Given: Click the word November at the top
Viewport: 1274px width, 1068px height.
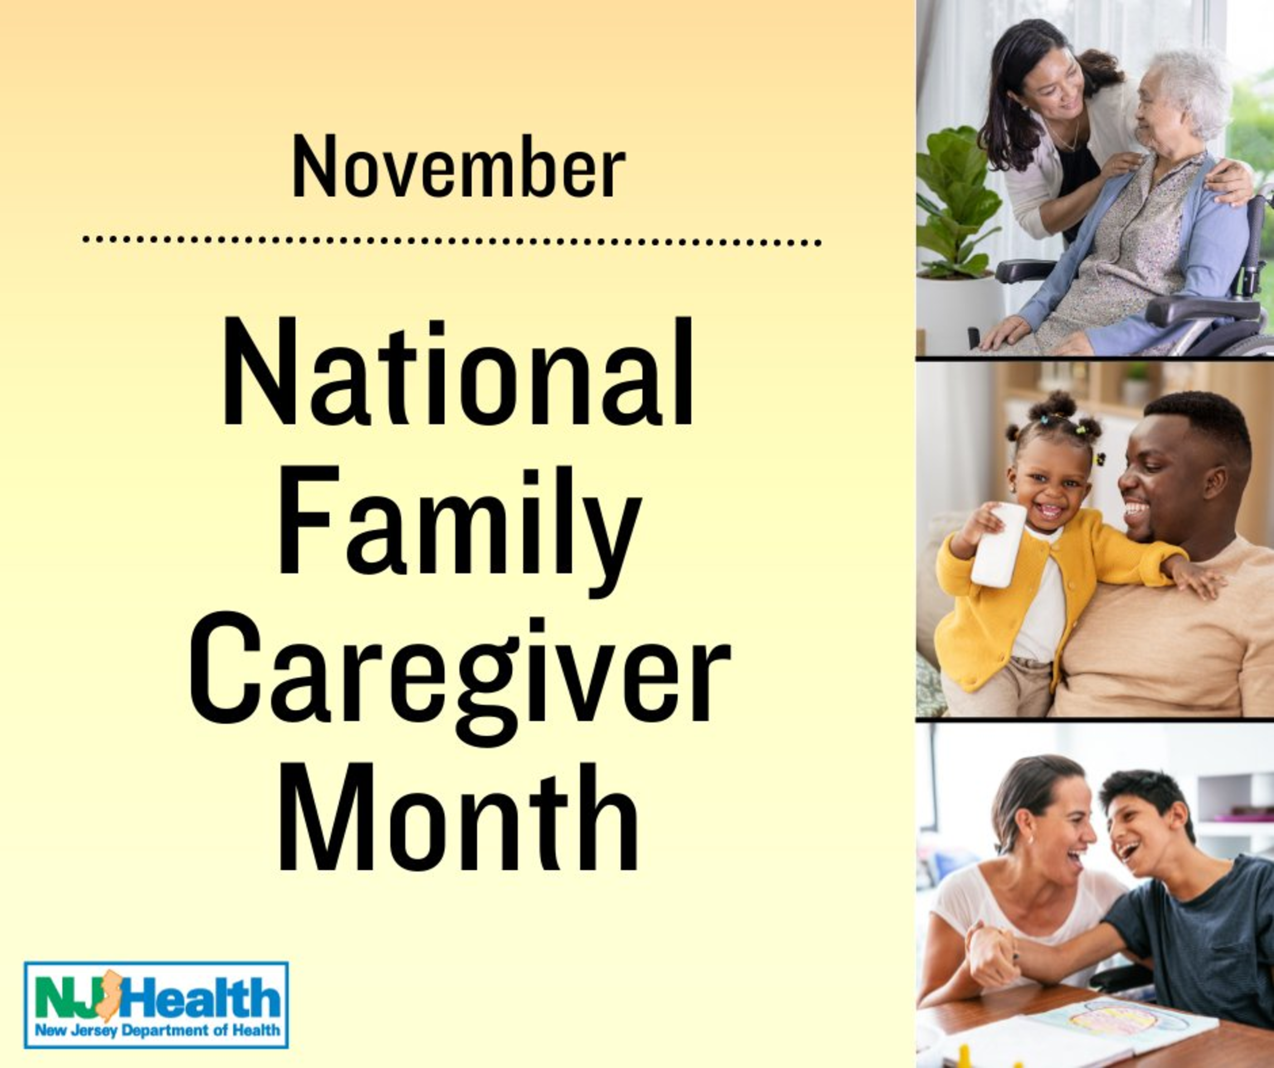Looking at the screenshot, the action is (x=459, y=166).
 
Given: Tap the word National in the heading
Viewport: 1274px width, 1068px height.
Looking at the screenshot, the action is (x=458, y=371).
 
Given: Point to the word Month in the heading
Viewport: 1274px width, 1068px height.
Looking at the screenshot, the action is (x=458, y=817).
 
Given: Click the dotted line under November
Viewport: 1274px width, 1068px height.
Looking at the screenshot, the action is (x=452, y=241).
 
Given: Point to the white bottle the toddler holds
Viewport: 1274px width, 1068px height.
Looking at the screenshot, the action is (x=999, y=545).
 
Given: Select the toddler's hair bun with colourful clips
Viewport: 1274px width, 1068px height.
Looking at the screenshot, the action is (x=1060, y=405).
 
